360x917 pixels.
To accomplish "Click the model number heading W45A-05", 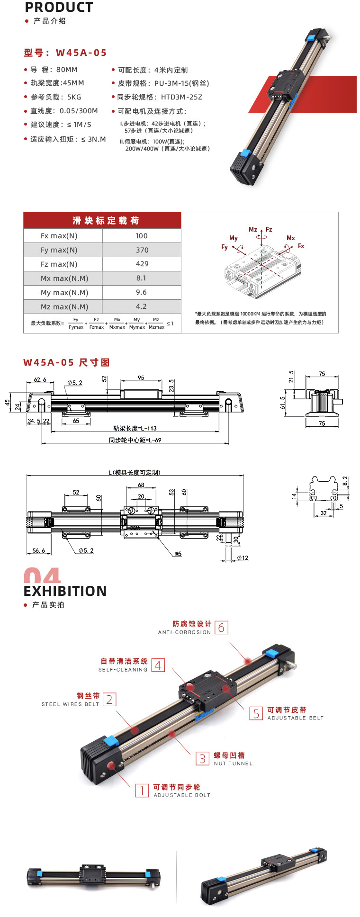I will (x=81, y=53).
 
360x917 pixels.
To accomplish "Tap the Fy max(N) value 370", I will (x=142, y=250).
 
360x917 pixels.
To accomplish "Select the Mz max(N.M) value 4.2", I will (x=141, y=306).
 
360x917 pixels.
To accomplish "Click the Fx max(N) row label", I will (x=59, y=236).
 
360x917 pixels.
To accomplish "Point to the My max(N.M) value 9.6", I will (x=141, y=292).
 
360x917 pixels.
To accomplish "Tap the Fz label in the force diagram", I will (x=269, y=230).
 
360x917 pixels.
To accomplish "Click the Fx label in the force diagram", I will (x=301, y=246).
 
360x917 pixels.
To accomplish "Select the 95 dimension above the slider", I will (x=141, y=378).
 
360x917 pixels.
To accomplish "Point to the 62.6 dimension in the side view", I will (x=40, y=379).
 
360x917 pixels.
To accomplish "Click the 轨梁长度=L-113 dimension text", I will (x=135, y=428).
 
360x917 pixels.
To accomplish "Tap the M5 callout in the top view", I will (x=178, y=554).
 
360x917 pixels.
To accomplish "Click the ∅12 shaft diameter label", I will (x=242, y=558).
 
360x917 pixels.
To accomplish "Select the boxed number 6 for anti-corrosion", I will (x=221, y=628).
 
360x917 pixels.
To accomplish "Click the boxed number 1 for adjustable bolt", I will (x=142, y=791).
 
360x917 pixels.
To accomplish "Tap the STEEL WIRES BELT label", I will (x=71, y=704).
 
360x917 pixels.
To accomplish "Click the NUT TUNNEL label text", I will (x=233, y=764).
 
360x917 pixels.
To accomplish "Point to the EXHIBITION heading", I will (x=65, y=591).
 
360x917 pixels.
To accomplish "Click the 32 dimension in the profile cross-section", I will (x=324, y=513).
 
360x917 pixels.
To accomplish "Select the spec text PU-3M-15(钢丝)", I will (x=181, y=83).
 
